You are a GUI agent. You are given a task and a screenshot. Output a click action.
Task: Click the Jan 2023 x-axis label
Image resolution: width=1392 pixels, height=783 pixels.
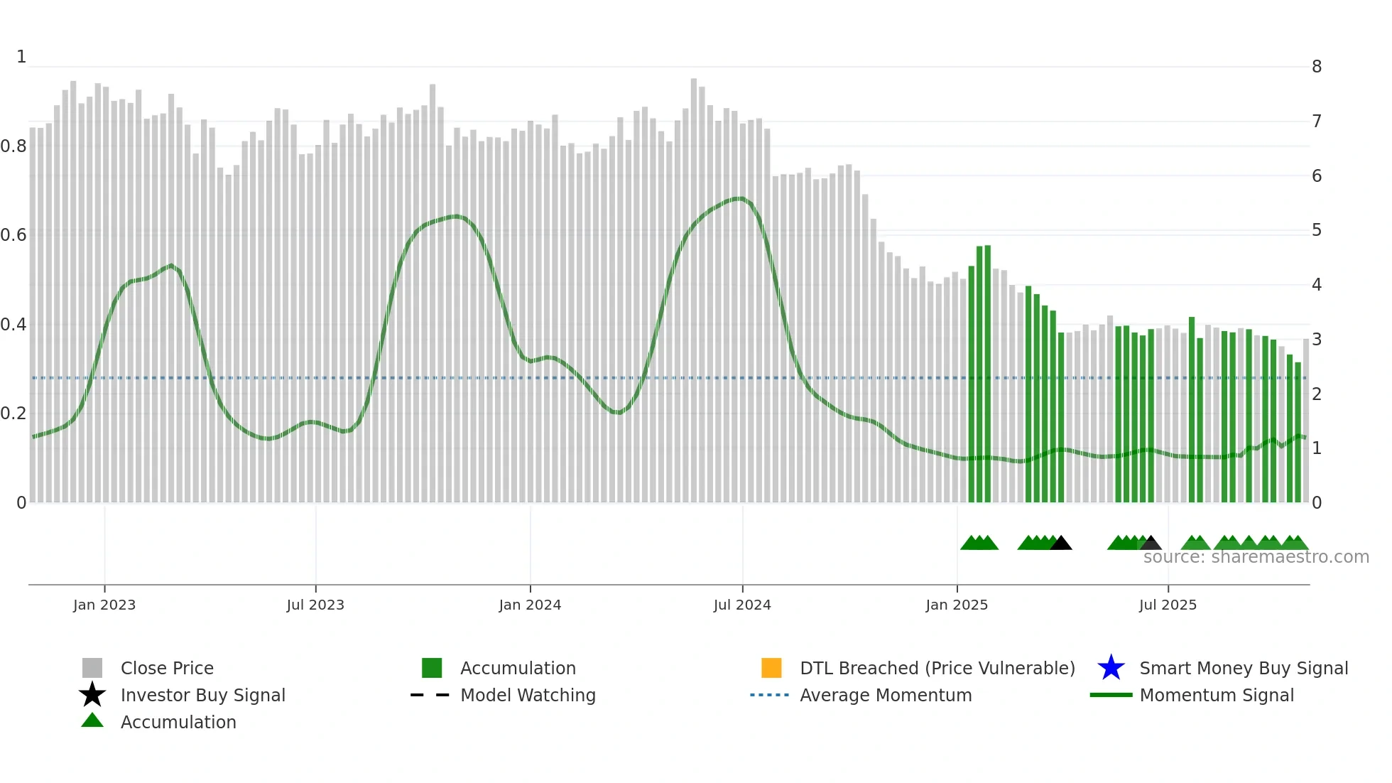tap(104, 605)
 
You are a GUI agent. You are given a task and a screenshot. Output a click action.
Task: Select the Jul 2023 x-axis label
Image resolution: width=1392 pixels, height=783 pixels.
tap(315, 605)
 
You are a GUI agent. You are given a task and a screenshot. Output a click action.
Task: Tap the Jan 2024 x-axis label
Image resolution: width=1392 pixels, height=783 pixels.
tap(530, 605)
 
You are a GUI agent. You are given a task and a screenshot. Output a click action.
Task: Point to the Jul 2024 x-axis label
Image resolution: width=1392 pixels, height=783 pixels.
tap(742, 605)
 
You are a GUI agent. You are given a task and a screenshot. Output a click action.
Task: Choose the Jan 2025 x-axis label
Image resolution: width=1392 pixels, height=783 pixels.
tap(957, 605)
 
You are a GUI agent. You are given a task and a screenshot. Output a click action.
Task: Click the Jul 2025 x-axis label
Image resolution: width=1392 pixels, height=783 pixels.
tap(1168, 605)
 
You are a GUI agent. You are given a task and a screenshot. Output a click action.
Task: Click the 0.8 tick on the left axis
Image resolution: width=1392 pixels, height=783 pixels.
tap(13, 146)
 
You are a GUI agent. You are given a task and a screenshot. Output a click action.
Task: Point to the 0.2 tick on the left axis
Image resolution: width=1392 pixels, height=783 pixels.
tap(13, 414)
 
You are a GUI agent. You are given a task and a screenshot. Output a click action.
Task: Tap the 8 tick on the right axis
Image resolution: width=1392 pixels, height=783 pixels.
tap(1317, 67)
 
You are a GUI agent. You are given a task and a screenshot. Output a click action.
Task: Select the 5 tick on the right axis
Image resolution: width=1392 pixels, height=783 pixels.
tap(1317, 230)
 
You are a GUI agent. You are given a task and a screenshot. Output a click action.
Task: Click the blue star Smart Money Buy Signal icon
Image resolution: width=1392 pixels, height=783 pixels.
tap(1111, 668)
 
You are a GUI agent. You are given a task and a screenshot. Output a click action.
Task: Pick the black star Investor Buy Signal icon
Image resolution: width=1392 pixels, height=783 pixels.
tap(92, 695)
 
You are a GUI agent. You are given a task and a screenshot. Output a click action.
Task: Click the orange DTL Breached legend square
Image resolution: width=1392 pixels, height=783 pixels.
tap(771, 668)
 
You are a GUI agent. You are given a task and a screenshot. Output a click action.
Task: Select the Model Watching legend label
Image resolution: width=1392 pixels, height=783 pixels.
tap(528, 695)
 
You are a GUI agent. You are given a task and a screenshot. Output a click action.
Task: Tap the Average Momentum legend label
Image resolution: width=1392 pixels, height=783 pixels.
tap(886, 695)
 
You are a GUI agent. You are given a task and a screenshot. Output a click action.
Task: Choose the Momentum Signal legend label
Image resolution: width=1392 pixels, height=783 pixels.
tap(1217, 695)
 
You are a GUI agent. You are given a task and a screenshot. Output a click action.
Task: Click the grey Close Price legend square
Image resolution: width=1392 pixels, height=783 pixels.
tap(92, 668)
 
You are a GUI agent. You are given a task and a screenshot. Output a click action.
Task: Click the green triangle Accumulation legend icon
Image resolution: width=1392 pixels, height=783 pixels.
tap(92, 720)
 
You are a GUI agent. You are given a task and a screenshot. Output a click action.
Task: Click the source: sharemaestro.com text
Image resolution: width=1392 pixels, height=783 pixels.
tap(1256, 557)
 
